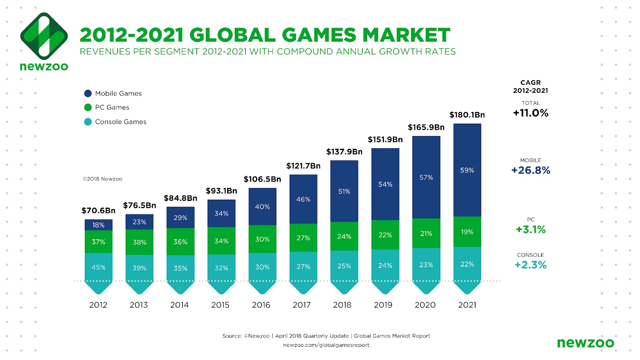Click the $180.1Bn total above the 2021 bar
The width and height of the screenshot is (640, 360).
pos(467,115)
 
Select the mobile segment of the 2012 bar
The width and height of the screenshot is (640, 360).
pos(98,225)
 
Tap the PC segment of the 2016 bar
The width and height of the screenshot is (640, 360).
pos(262,239)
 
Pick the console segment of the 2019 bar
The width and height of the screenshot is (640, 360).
pos(385,265)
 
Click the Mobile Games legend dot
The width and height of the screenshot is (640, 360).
pos(88,93)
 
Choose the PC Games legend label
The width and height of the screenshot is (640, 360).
pos(112,107)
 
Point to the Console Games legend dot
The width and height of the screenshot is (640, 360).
pos(88,122)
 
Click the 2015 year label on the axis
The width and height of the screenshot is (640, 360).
pos(220,305)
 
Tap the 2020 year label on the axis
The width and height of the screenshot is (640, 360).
pos(425,305)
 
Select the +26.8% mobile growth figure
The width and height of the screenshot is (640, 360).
pos(530,170)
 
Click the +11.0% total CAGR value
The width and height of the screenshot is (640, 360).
pos(530,113)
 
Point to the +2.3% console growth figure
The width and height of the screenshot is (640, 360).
pos(530,265)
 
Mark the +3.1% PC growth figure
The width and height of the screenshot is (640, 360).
pos(530,230)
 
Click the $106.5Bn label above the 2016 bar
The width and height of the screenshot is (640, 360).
pos(262,179)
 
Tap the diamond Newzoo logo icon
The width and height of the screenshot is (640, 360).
pos(44,36)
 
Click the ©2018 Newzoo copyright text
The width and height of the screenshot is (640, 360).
pos(102,179)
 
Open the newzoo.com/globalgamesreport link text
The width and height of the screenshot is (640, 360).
pos(326,345)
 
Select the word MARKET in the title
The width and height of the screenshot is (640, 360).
pos(406,35)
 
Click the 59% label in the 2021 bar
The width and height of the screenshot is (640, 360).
pos(467,170)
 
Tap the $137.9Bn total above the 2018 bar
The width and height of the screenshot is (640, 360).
pos(344,152)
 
